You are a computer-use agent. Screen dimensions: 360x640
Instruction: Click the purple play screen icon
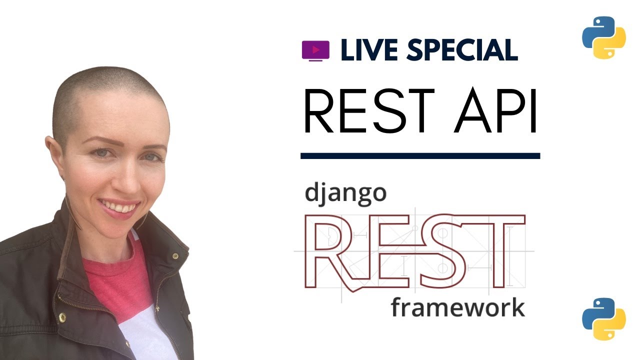tap(315, 50)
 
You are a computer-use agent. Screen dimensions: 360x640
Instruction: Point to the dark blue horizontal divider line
tap(420, 156)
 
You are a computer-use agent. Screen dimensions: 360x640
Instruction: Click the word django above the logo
tap(345, 193)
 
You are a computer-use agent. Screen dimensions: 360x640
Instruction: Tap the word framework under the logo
tap(457, 307)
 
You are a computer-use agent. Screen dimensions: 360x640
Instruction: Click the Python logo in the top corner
tap(604, 38)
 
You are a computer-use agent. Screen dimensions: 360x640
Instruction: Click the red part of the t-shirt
tap(115, 280)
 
